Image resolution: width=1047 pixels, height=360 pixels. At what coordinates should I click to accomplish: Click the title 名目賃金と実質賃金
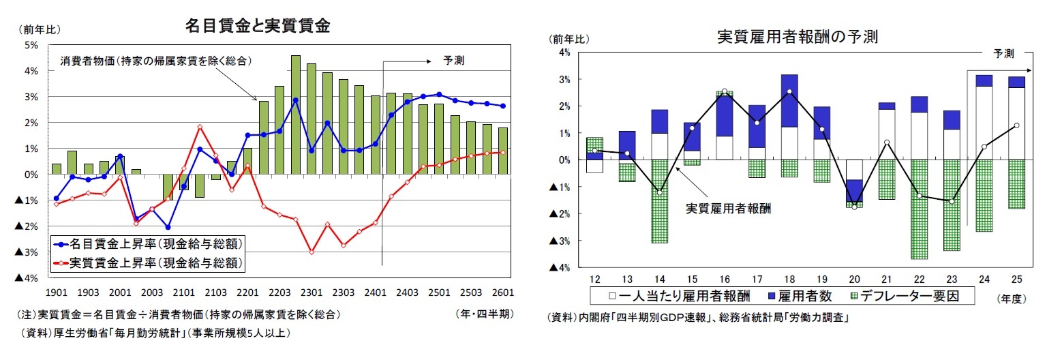[258, 26]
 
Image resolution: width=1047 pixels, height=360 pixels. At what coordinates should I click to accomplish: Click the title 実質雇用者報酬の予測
[797, 37]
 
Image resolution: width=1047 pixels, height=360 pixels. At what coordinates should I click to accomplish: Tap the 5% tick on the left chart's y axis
[31, 45]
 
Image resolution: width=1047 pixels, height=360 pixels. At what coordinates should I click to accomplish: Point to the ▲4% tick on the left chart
[27, 278]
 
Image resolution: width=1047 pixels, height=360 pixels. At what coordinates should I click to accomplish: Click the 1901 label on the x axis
[55, 292]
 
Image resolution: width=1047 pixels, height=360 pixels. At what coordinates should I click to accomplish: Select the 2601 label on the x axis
[502, 292]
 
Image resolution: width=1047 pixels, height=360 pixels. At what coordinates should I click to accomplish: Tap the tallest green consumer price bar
[296, 115]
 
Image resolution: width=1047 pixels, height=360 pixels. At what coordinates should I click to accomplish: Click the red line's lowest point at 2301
[312, 252]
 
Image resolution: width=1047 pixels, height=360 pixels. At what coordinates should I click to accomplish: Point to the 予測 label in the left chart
[453, 61]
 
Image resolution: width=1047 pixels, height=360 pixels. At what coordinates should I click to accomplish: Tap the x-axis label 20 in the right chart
[853, 280]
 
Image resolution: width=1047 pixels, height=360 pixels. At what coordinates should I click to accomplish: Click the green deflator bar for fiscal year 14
[658, 201]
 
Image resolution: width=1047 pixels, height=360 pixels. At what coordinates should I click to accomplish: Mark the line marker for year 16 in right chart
[725, 91]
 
